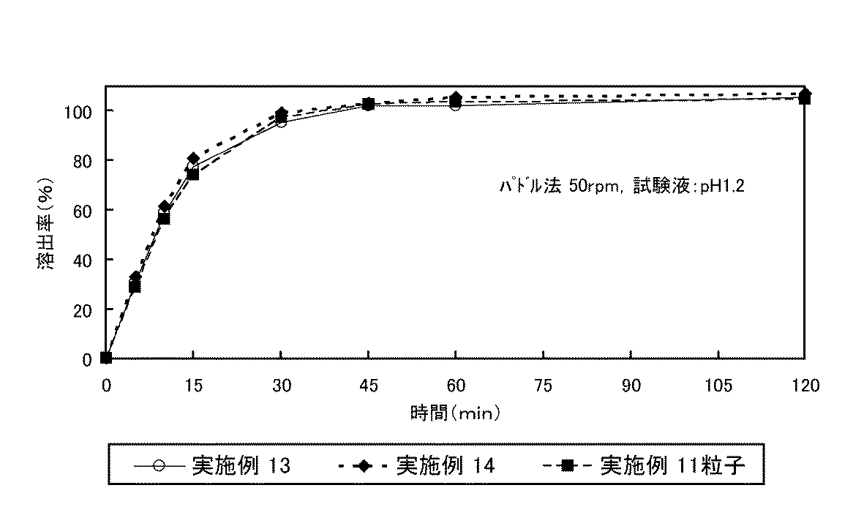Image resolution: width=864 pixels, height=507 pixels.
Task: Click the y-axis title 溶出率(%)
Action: pyautogui.click(x=45, y=222)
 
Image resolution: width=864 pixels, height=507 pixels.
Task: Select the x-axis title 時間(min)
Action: pyautogui.click(x=454, y=413)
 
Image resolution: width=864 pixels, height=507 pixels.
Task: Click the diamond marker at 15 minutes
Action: pyautogui.click(x=193, y=159)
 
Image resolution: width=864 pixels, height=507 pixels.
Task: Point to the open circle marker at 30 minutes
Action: pyautogui.click(x=281, y=122)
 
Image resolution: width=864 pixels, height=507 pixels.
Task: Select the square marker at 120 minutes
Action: pyautogui.click(x=805, y=99)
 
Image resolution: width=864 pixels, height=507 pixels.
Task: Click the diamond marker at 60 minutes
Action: pyautogui.click(x=456, y=97)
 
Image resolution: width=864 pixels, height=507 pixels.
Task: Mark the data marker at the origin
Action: pyautogui.click(x=106, y=358)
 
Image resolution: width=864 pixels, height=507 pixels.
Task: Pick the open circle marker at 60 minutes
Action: pyautogui.click(x=456, y=105)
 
